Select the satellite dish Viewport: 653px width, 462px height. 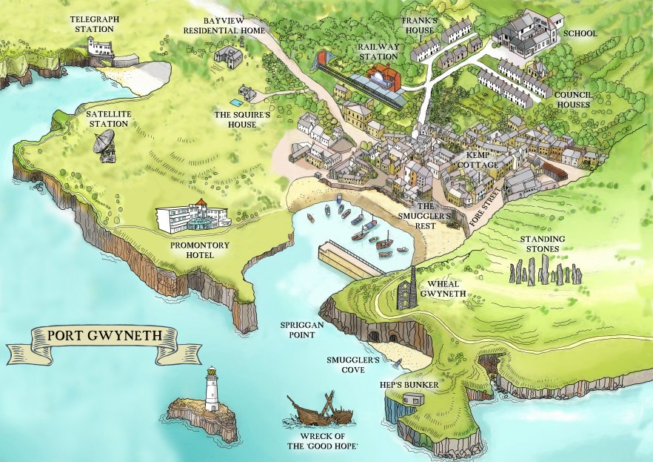click(106, 145)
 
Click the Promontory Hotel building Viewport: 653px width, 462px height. click(192, 217)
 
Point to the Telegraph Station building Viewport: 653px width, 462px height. click(101, 47)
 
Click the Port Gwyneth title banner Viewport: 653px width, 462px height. click(101, 334)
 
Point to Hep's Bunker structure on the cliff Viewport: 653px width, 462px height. click(412, 400)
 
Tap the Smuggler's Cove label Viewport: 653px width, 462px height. click(353, 365)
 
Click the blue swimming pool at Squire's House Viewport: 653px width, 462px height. click(235, 100)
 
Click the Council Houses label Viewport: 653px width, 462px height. click(575, 100)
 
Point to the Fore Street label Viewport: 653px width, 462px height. click(486, 209)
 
